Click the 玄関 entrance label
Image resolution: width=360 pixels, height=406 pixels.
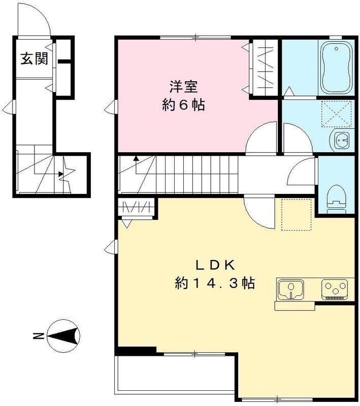click(34, 59)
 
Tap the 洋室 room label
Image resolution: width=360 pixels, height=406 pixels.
click(183, 87)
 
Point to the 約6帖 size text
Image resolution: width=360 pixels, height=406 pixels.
click(183, 106)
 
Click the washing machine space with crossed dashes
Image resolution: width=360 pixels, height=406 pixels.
click(335, 112)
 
